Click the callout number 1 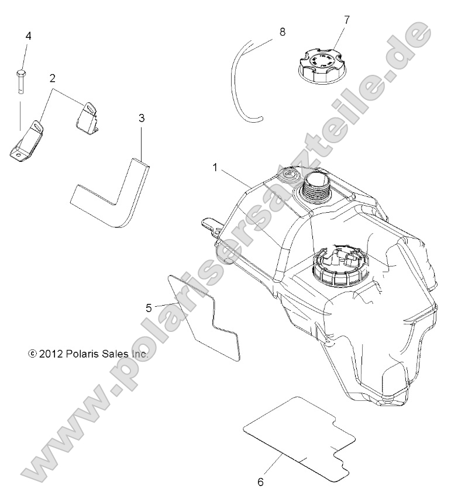pyautogui.click(x=215, y=168)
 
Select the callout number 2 pyautogui.click(x=52, y=78)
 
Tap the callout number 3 pyautogui.click(x=142, y=118)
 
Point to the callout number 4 pyautogui.click(x=29, y=36)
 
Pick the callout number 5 pyautogui.click(x=149, y=308)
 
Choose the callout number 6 pyautogui.click(x=261, y=482)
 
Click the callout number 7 pyautogui.click(x=346, y=20)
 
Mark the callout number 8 pyautogui.click(x=283, y=32)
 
